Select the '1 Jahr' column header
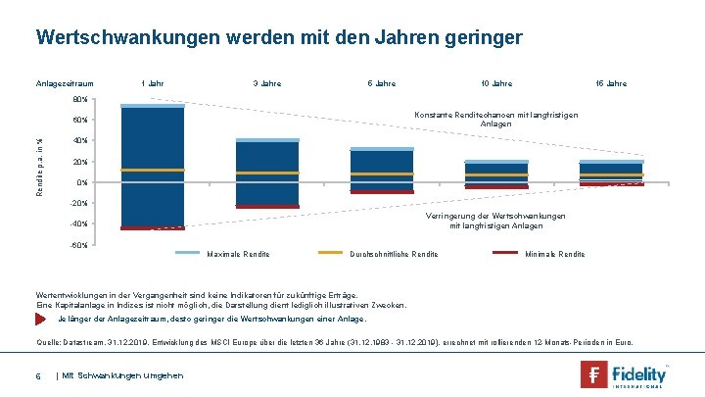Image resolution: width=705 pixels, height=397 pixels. (x=152, y=83)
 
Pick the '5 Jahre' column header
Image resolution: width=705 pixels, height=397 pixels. (x=381, y=83)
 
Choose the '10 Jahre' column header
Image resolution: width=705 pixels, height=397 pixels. (x=495, y=83)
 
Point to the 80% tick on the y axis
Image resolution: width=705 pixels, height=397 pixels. (x=80, y=100)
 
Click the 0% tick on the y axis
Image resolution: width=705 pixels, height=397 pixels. (x=82, y=183)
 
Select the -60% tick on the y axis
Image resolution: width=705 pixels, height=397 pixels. (x=79, y=245)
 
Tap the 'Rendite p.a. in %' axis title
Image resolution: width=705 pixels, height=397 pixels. (x=40, y=162)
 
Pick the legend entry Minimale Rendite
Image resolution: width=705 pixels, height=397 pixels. (x=554, y=255)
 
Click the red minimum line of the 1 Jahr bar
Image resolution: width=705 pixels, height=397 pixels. (x=152, y=227)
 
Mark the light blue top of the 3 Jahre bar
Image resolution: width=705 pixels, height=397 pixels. (x=267, y=140)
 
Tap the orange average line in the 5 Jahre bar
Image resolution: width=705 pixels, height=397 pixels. (x=382, y=174)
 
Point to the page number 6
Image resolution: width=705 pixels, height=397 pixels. (x=37, y=375)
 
